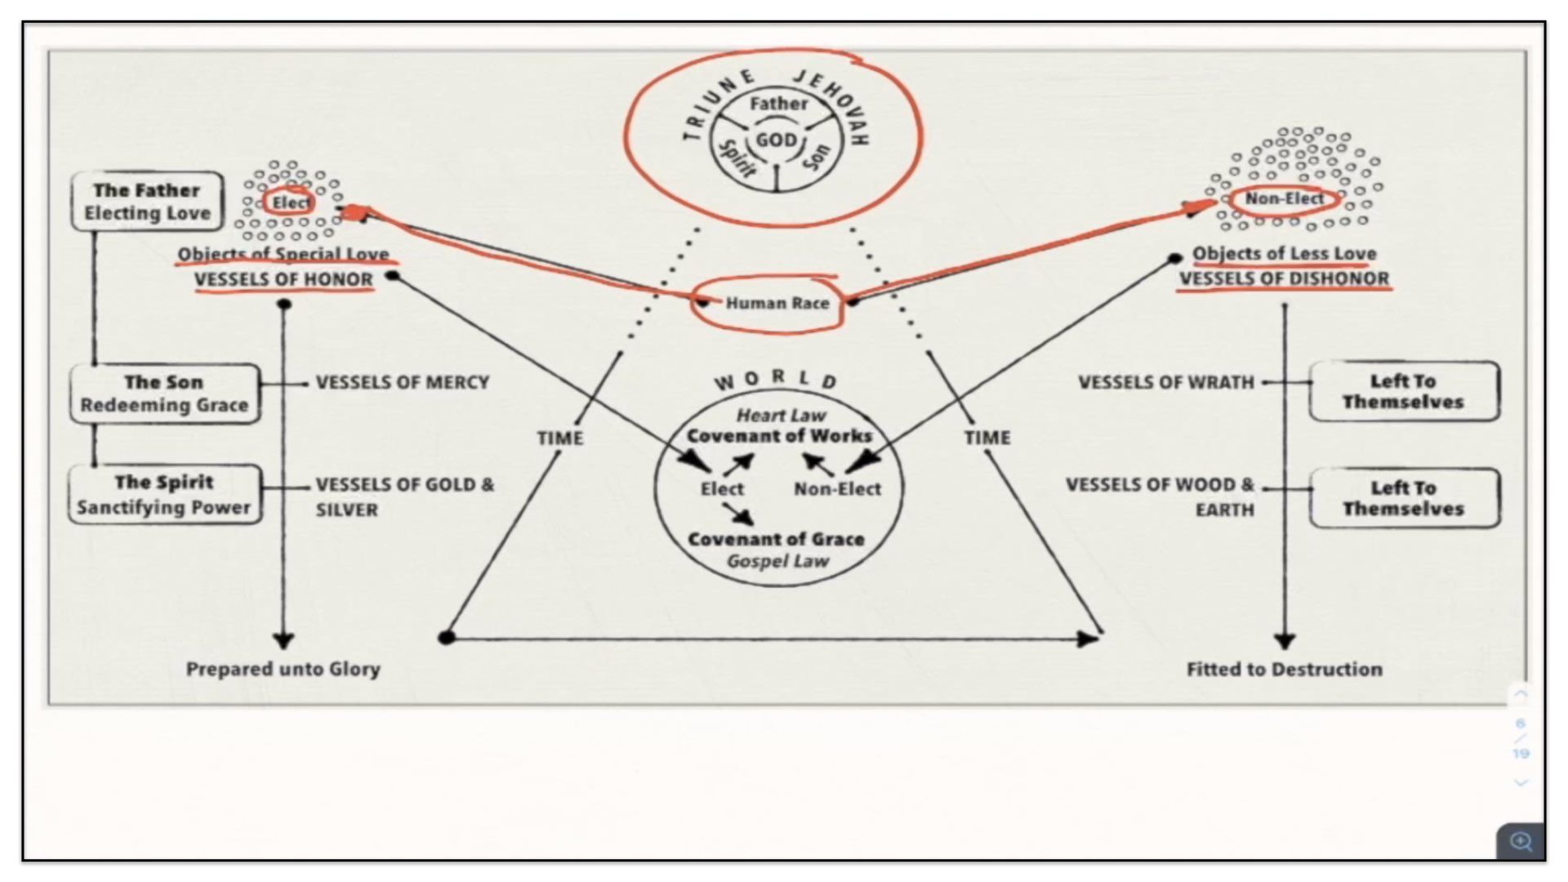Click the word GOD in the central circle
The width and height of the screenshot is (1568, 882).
click(x=776, y=140)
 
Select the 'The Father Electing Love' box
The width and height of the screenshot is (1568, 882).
click(x=147, y=202)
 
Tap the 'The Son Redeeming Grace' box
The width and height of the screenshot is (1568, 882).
click(x=164, y=394)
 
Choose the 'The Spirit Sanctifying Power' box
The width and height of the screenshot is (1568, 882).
click(x=164, y=495)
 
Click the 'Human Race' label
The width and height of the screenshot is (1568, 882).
click(x=777, y=304)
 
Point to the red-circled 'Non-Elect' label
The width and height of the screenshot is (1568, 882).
click(x=1284, y=199)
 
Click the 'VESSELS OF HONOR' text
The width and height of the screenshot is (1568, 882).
click(x=283, y=279)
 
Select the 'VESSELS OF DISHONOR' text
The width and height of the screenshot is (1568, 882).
click(x=1284, y=279)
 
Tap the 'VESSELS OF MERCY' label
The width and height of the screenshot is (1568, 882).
click(x=403, y=382)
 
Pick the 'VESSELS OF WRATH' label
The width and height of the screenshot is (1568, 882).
click(x=1165, y=382)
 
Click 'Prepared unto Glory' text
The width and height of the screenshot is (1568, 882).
click(x=283, y=669)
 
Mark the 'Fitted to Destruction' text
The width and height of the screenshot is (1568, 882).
click(x=1284, y=670)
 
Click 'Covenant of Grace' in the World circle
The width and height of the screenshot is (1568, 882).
click(x=776, y=539)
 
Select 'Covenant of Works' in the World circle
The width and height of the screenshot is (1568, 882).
click(x=779, y=436)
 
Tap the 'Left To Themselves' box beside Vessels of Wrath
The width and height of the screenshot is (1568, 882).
click(x=1403, y=392)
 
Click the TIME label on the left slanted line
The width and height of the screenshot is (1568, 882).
click(x=560, y=439)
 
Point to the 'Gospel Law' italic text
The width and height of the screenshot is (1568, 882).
click(x=777, y=561)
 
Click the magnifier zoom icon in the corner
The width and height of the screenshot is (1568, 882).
click(x=1521, y=841)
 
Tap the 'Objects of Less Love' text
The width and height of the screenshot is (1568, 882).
click(x=1284, y=254)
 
